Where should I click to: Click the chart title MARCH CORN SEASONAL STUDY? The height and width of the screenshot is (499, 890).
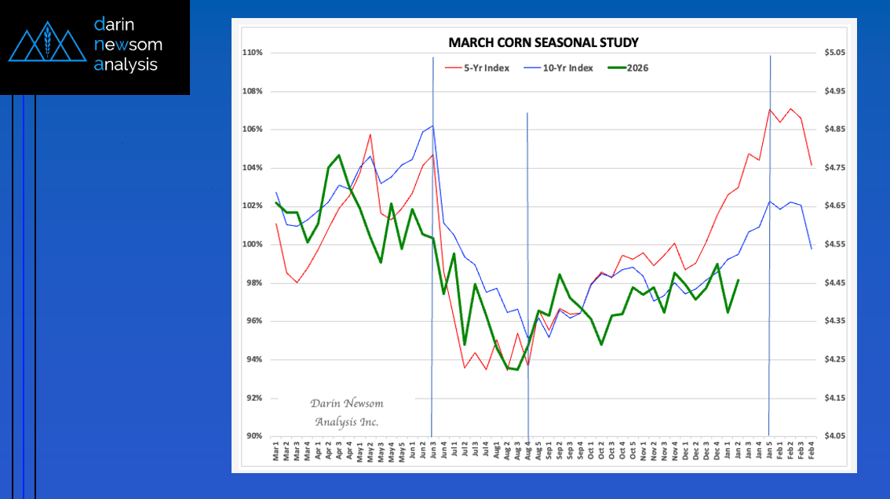(543, 42)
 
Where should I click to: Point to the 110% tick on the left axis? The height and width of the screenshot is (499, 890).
(252, 53)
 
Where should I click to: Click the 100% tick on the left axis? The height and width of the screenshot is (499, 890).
(252, 245)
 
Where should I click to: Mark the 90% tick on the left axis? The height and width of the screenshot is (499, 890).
(254, 436)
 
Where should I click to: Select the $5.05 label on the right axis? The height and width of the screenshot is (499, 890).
(833, 53)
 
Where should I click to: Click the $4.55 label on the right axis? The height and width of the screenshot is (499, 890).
(833, 245)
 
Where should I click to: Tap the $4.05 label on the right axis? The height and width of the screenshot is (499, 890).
(833, 436)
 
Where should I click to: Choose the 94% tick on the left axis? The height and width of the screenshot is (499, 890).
(254, 359)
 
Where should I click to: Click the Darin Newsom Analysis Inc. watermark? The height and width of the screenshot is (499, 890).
(347, 413)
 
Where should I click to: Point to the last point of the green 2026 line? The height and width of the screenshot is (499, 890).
(739, 280)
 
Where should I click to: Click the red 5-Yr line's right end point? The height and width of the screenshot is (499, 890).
(812, 165)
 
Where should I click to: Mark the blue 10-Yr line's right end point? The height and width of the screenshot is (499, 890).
(812, 249)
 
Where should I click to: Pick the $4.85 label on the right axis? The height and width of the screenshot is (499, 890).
(833, 129)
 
